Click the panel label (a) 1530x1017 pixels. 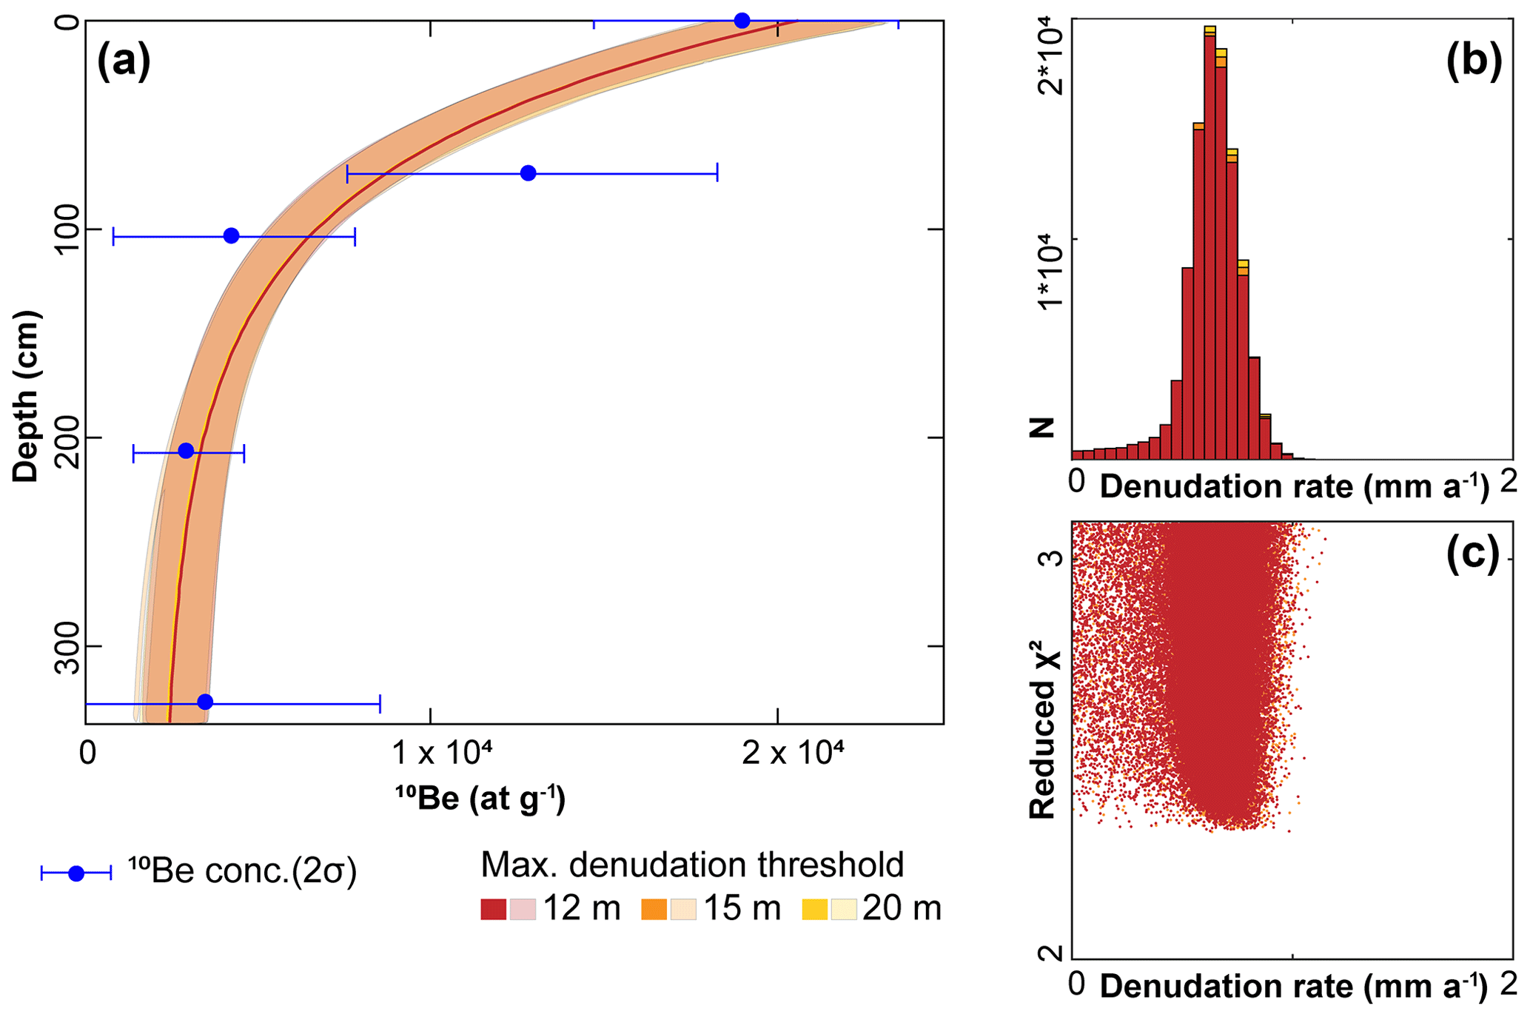[124, 61]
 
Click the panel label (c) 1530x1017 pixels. [1472, 552]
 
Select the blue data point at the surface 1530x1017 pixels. [742, 21]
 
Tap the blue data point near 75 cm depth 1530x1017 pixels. [528, 173]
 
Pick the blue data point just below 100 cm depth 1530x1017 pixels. [231, 236]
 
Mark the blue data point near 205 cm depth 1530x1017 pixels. [187, 451]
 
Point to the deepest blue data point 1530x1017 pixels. [205, 702]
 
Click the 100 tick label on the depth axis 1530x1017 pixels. [68, 229]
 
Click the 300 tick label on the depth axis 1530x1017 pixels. [68, 646]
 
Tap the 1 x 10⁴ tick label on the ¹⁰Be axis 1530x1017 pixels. [441, 753]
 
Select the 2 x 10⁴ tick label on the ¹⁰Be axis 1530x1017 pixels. [792, 753]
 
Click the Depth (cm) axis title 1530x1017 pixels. [27, 396]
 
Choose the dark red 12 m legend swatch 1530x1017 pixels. [493, 909]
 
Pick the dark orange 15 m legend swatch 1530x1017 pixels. [654, 909]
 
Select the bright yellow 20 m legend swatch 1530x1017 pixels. [814, 909]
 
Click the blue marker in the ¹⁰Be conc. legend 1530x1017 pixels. [76, 873]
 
